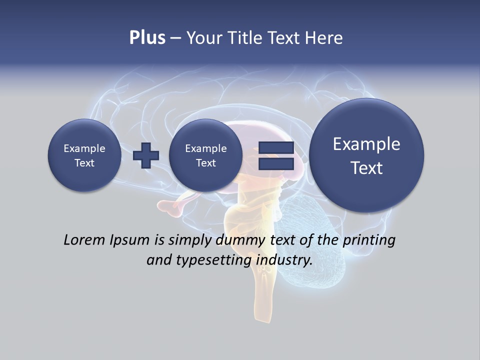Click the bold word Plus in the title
[147, 38]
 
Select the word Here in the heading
[325, 38]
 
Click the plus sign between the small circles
[146, 155]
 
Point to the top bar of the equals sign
[276, 148]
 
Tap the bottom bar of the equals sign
[276, 163]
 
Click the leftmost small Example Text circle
[84, 155]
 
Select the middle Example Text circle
[205, 155]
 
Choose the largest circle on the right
[366, 155]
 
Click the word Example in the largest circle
[366, 144]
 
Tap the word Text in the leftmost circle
[84, 163]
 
